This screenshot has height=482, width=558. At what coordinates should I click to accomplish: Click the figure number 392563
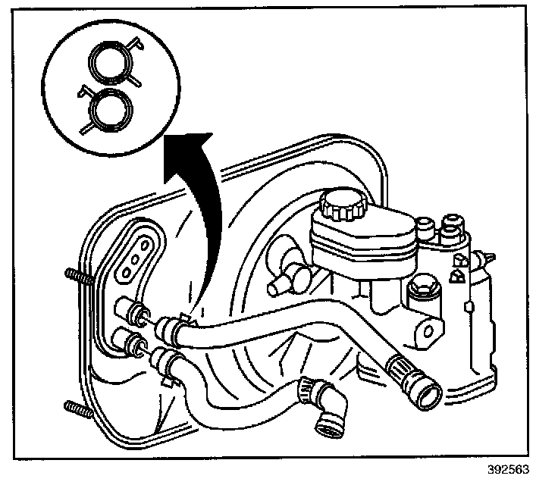[509, 468]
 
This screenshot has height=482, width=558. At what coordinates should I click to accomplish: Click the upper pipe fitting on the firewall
[127, 310]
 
